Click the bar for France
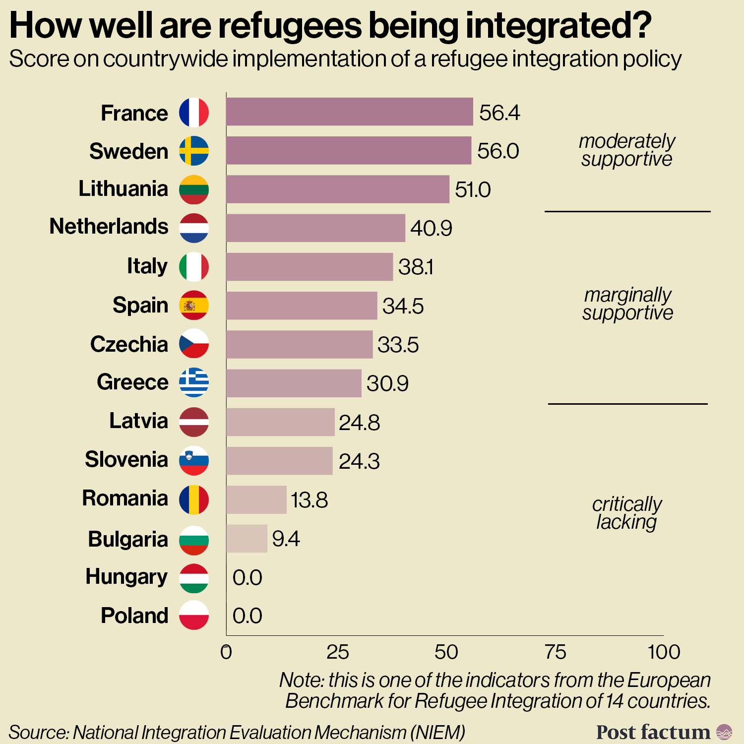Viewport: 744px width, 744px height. [x=349, y=112]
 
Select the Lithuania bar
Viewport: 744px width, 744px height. [x=337, y=189]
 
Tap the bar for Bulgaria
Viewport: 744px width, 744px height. [x=247, y=539]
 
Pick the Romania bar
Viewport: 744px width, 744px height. [x=256, y=500]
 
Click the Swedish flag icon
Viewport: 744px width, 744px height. [x=193, y=151]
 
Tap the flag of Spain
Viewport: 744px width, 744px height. [x=193, y=305]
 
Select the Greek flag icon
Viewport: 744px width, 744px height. [x=193, y=382]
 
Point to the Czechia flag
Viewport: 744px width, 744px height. [x=193, y=344]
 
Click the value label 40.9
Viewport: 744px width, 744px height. [x=431, y=228]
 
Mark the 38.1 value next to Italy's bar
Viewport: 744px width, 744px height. [x=416, y=267]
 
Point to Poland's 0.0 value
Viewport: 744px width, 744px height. [x=247, y=616]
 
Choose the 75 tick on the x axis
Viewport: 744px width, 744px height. [x=555, y=652]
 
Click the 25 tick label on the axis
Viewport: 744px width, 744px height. [x=337, y=652]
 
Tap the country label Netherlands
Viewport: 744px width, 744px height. [x=109, y=227]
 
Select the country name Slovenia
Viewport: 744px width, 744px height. [x=126, y=459]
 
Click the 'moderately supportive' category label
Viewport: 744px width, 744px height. [x=627, y=150]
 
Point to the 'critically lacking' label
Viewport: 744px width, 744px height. [x=627, y=513]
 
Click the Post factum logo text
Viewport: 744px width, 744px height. [x=653, y=732]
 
